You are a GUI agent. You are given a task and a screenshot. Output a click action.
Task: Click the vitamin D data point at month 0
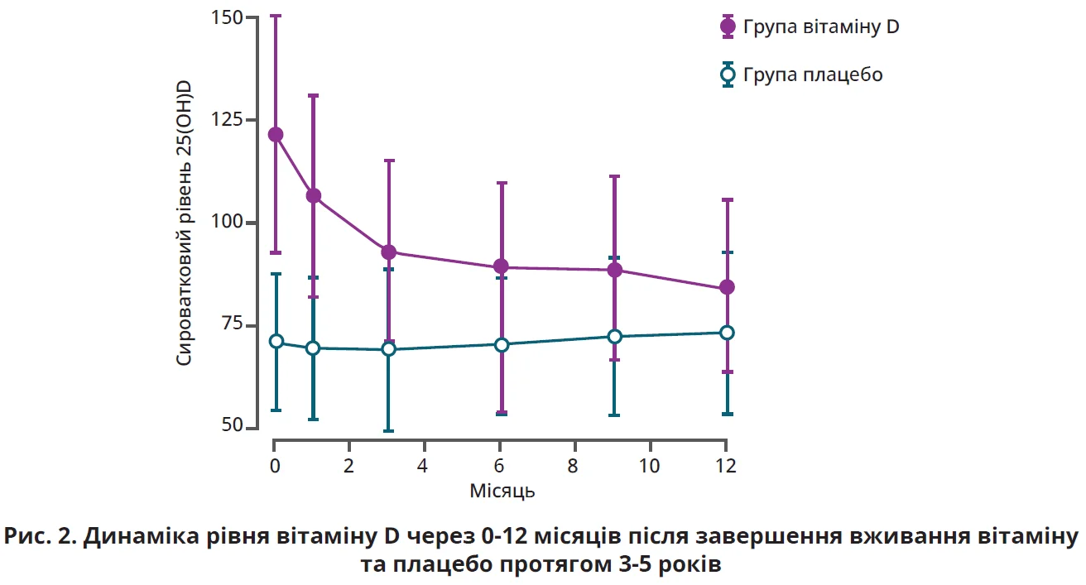click(x=276, y=135)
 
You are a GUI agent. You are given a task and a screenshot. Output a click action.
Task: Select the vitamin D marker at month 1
click(x=314, y=196)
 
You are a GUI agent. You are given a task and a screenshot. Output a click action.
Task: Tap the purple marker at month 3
click(x=389, y=252)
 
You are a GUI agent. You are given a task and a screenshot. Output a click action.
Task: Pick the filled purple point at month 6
click(x=502, y=266)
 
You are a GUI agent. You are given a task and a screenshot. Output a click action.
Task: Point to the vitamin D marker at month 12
click(x=728, y=287)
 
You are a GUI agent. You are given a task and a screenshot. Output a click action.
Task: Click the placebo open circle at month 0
click(x=276, y=341)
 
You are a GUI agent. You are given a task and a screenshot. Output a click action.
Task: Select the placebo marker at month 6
click(x=502, y=344)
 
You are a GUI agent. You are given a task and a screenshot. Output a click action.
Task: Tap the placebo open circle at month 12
click(x=728, y=333)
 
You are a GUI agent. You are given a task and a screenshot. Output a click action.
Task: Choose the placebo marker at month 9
click(x=615, y=337)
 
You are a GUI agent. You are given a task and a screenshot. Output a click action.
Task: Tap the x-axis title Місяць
click(x=502, y=491)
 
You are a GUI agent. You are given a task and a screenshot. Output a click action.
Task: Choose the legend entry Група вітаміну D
click(x=820, y=26)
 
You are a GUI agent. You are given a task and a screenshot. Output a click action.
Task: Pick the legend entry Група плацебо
click(x=812, y=75)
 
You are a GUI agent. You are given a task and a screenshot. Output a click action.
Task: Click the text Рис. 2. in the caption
click(x=40, y=537)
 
